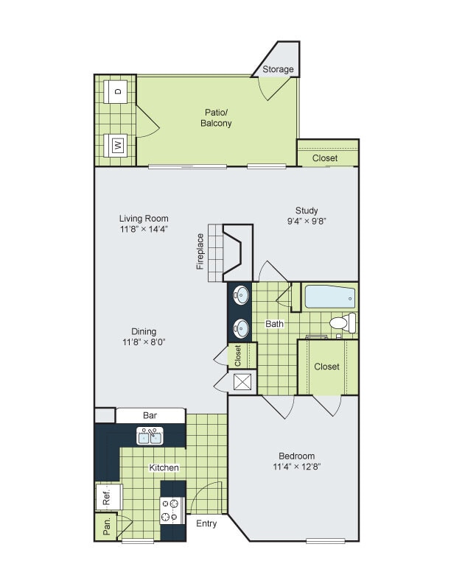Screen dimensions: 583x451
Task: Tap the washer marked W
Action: click(117, 144)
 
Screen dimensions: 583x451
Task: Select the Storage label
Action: click(279, 70)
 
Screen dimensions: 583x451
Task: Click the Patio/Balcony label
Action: click(216, 118)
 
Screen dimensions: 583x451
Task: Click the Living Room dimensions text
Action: click(144, 229)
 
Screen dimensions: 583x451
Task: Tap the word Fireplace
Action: click(200, 252)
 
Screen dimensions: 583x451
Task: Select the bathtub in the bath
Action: click(330, 298)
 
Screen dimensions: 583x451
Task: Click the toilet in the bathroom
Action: click(343, 323)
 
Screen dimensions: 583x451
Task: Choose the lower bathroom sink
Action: click(240, 327)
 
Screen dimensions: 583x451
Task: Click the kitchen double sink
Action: click(150, 437)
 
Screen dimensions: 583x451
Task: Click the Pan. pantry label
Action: click(106, 526)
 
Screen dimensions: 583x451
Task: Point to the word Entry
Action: click(206, 524)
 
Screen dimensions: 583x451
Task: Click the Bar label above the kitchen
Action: click(150, 416)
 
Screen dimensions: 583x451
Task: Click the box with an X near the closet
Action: click(242, 381)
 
